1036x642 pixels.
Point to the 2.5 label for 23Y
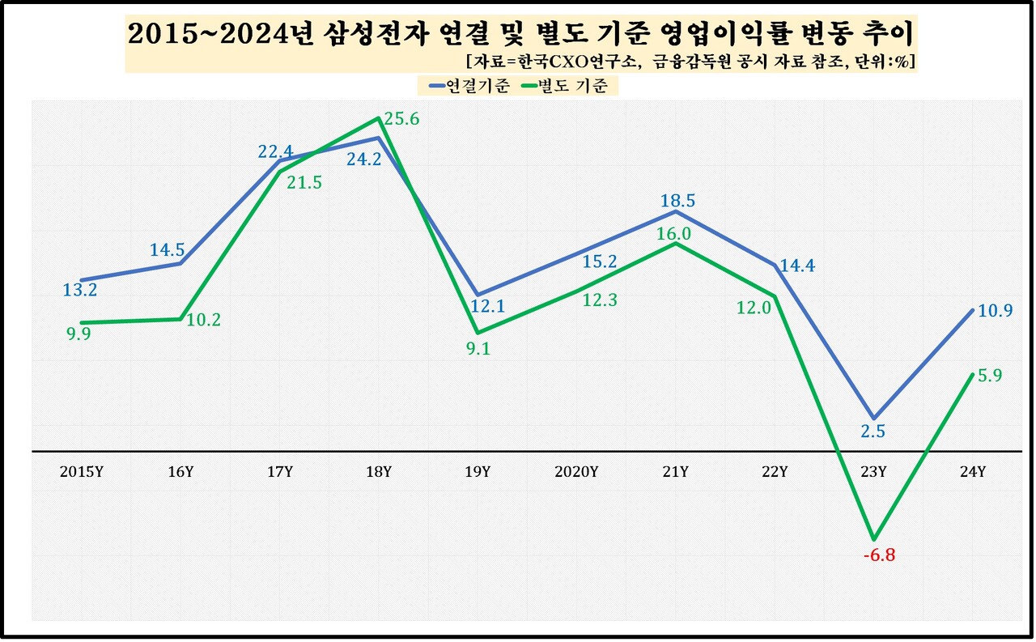873,432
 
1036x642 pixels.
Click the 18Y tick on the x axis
379,472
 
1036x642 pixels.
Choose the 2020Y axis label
577,472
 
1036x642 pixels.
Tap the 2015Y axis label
81,472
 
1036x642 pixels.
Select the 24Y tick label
971,472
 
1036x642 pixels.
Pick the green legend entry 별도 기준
576,86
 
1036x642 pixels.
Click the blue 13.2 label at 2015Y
80,290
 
